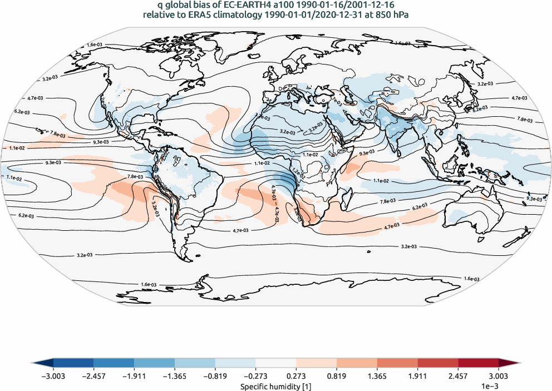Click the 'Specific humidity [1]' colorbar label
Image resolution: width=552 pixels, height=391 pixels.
275,385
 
